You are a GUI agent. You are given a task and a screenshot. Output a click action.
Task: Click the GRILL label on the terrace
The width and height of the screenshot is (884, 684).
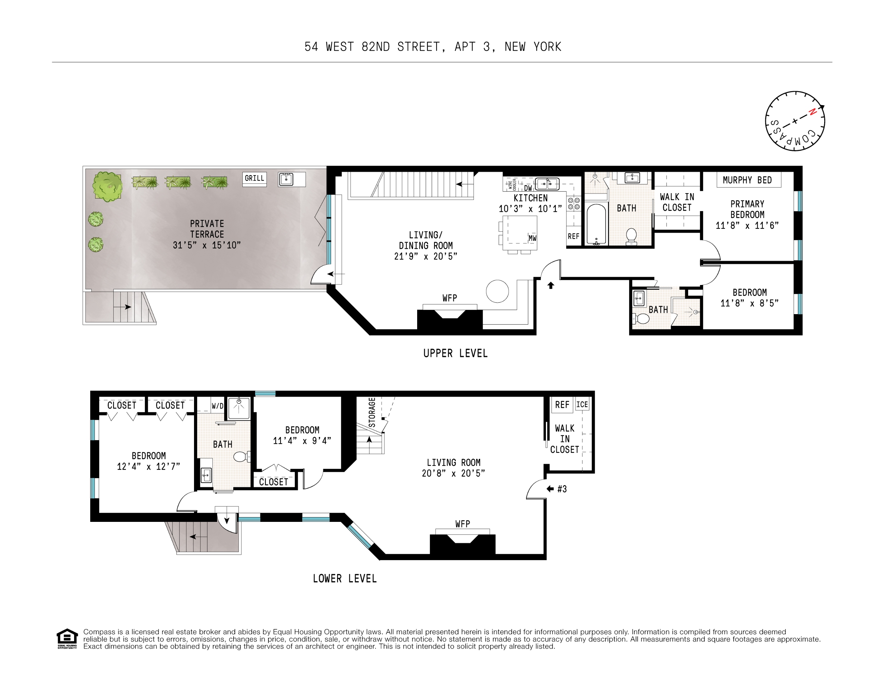(254, 178)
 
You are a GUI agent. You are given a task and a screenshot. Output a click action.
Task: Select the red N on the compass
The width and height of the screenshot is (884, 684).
(812, 112)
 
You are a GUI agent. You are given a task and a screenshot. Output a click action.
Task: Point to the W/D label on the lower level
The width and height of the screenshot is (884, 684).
(217, 406)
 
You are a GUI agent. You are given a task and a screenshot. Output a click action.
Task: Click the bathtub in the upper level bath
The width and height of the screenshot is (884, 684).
(596, 224)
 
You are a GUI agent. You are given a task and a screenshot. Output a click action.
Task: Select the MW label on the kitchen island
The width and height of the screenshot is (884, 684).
(532, 238)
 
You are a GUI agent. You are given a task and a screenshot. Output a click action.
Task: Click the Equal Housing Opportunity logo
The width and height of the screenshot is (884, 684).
(67, 639)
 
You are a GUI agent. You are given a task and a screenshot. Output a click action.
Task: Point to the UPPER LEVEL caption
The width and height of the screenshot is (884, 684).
(455, 353)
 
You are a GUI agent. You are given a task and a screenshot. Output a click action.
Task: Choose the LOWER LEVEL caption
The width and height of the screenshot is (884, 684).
(345, 578)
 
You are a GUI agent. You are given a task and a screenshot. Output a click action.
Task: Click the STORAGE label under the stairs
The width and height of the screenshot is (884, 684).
(372, 412)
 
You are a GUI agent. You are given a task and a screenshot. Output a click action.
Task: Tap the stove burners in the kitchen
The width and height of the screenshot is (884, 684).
(574, 204)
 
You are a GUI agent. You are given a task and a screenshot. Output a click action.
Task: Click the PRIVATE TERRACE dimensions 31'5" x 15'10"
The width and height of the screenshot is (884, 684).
(207, 245)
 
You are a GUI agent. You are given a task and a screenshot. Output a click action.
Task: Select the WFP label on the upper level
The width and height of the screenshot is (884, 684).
(450, 298)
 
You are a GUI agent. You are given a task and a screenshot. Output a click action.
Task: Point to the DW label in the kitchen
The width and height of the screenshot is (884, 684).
(528, 188)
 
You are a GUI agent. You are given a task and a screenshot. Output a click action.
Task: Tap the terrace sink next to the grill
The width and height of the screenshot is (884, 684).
(286, 179)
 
